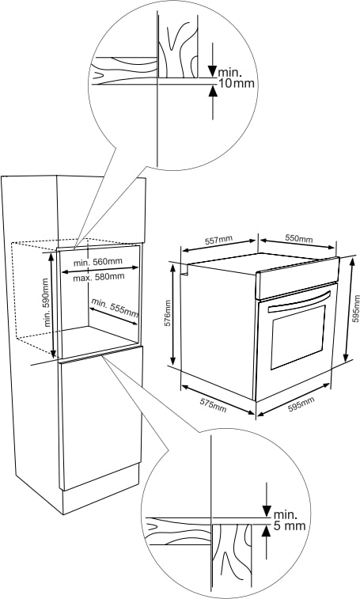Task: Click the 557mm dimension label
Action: pyautogui.click(x=218, y=241)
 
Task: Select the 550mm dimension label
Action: pyautogui.click(x=299, y=238)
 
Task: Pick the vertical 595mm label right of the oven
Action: pyautogui.click(x=356, y=309)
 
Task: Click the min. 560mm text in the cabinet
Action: pyautogui.click(x=98, y=262)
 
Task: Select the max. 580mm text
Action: pyautogui.click(x=99, y=277)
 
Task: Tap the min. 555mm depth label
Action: pyautogui.click(x=114, y=307)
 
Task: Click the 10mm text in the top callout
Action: pyautogui.click(x=236, y=83)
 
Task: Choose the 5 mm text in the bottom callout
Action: pyautogui.click(x=290, y=525)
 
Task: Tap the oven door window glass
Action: pyautogui.click(x=298, y=337)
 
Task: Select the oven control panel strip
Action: pyautogui.click(x=297, y=278)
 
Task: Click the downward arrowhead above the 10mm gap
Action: pyautogui.click(x=213, y=71)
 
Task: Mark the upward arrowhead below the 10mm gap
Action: pyautogui.click(x=213, y=91)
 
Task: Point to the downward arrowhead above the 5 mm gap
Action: pyautogui.click(x=266, y=511)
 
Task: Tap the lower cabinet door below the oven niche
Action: pyautogui.click(x=101, y=419)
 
